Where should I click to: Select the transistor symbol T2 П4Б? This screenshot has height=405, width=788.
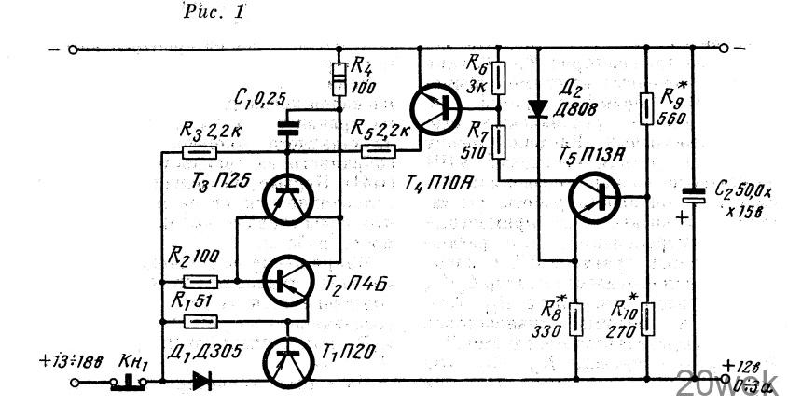pos(287,280)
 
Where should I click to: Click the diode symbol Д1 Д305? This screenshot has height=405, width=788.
pos(202,381)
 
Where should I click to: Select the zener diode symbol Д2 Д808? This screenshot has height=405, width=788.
pos(539,108)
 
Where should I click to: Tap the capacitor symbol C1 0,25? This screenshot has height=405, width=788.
pos(289,128)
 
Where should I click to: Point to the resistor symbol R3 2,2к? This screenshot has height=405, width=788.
pos(197,152)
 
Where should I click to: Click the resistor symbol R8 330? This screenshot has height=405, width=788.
pos(576,317)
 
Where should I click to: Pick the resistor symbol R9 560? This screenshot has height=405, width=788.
pos(647,110)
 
